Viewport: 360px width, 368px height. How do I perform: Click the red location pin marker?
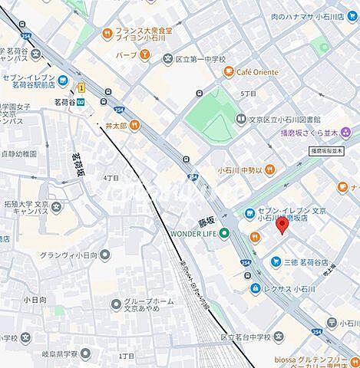coord(282,225)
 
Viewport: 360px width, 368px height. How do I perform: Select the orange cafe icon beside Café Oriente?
coord(228,72)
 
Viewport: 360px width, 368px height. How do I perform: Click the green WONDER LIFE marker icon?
coord(223,233)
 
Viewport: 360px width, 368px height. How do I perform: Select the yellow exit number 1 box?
coord(81,87)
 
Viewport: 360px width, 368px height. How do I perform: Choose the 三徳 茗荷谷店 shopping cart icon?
coord(275,262)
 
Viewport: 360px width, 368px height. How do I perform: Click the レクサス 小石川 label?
coord(295,288)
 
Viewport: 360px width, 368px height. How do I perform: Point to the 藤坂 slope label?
coord(205,219)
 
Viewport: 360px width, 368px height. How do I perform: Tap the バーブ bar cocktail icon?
coord(143,55)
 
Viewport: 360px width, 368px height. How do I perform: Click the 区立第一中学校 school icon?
coord(167,58)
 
